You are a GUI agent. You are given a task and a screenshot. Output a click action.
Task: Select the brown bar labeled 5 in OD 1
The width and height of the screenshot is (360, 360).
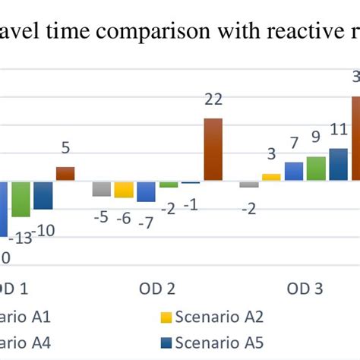(x=65, y=174)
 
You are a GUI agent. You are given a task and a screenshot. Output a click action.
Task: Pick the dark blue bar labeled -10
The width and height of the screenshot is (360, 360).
(x=43, y=195)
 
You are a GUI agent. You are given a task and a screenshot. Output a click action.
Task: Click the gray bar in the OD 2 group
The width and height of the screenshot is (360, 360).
(x=101, y=188)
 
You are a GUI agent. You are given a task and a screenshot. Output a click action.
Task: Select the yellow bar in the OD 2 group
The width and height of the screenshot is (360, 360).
(x=124, y=189)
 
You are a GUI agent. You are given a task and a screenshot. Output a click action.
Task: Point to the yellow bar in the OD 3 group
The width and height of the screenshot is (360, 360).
(x=271, y=177)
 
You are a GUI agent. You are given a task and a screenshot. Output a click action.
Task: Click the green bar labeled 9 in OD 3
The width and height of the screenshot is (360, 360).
(x=316, y=169)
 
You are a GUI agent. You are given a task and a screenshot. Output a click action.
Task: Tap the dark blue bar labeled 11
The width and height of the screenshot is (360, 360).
(x=338, y=165)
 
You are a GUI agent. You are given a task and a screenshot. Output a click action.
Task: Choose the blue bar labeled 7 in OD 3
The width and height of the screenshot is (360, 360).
(x=294, y=171)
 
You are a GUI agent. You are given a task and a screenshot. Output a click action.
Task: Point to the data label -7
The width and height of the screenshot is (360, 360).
(x=146, y=222)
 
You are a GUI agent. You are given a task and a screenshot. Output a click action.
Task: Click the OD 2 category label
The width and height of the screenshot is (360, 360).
(x=157, y=289)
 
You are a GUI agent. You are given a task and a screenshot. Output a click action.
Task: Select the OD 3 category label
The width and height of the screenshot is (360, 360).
(x=305, y=289)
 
